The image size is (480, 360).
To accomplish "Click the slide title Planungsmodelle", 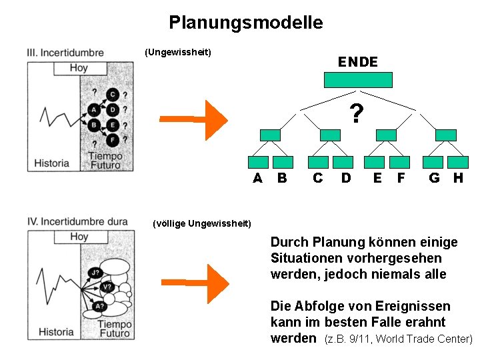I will (x=245, y=23).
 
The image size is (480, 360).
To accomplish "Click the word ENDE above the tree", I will (x=357, y=62).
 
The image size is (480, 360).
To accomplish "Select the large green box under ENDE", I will (x=357, y=79).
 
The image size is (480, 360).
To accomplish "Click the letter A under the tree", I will (x=257, y=178).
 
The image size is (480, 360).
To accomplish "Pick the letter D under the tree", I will (x=345, y=178).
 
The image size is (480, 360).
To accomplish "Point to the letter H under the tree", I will (x=458, y=178).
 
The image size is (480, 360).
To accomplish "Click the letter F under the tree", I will (x=401, y=178).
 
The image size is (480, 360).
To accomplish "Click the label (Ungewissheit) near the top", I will (x=178, y=52).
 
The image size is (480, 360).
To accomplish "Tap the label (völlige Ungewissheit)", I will (x=202, y=223).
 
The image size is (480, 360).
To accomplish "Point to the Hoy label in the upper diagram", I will (x=79, y=68).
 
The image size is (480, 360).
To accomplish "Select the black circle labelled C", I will (x=113, y=95).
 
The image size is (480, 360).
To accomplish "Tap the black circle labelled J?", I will (x=95, y=271).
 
